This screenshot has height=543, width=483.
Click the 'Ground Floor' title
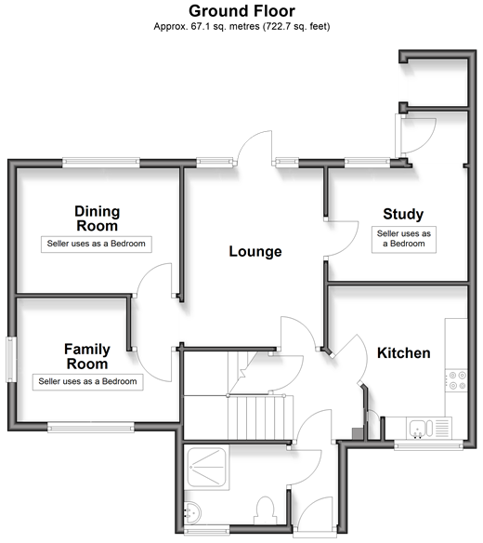[241, 11]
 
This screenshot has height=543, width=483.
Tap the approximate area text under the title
[241, 26]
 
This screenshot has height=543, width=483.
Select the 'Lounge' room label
[255, 252]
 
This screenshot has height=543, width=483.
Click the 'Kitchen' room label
[404, 353]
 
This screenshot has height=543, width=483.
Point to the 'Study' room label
[403, 214]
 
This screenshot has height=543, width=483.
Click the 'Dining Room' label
[98, 219]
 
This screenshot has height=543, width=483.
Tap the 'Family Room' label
[87, 356]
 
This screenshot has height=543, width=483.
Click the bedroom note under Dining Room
[97, 245]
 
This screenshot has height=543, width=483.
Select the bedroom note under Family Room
[87, 382]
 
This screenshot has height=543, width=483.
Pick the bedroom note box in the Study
[404, 239]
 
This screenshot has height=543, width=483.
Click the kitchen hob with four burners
[456, 380]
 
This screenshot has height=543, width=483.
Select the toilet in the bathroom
[266, 510]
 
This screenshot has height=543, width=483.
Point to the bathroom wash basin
[192, 511]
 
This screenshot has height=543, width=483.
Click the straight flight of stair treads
[257, 418]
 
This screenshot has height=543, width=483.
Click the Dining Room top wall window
[101, 163]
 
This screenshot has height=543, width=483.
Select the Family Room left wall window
[11, 360]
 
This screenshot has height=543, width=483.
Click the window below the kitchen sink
[428, 445]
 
